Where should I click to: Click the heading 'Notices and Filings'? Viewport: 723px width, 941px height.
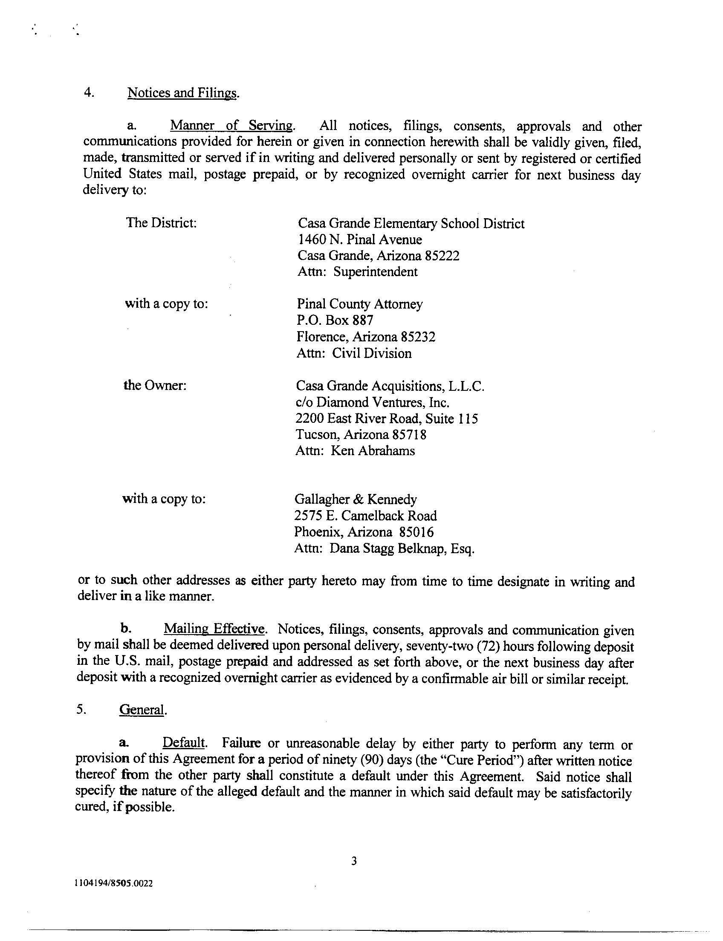(182, 93)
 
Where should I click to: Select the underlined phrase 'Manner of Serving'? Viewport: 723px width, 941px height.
(232, 126)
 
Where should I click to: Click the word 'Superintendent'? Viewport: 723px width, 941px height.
(375, 272)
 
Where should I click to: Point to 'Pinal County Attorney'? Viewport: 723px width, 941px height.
(360, 304)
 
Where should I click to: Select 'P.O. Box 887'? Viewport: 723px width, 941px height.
(335, 320)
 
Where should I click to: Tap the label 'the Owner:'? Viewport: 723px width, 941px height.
(155, 385)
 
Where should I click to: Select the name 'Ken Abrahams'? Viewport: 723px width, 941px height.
(372, 451)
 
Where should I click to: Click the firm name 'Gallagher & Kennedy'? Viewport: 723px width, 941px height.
(356, 499)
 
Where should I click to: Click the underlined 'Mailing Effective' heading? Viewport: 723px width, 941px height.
(214, 629)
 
